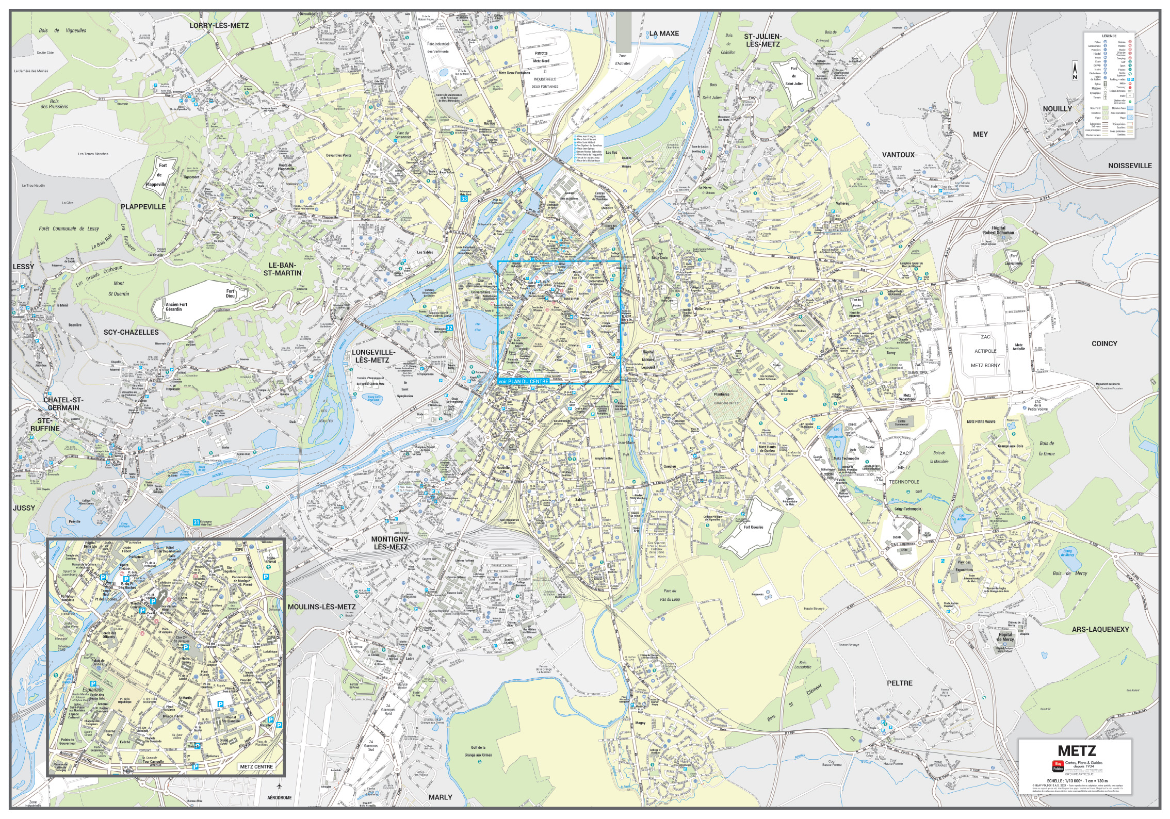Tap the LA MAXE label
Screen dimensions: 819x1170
coord(664,34)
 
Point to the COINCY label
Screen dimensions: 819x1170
coord(1104,343)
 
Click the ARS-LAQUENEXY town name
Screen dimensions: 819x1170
coord(1108,629)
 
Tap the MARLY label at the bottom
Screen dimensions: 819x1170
coord(440,797)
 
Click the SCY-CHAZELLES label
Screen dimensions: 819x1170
coord(131,332)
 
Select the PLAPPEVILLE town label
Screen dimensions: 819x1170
coord(143,206)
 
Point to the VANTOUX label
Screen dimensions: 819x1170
coord(898,155)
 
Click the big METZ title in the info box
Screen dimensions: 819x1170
coord(1076,750)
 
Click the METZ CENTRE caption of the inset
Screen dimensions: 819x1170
coord(256,767)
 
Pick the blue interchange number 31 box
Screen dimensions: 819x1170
coord(196,522)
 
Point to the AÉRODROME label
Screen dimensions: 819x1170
coord(279,797)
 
